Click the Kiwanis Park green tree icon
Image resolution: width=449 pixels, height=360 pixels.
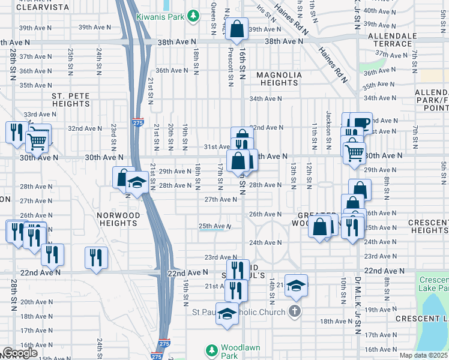pos(193,15)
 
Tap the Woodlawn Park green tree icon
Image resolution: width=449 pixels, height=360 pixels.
pos(211,349)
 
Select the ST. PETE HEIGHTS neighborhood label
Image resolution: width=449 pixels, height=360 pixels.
pos(70,100)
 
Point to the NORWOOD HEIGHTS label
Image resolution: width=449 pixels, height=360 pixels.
pos(119,219)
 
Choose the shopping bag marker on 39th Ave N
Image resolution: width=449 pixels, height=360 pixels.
pos(238,28)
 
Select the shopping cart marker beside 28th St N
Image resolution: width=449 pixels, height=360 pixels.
pos(37,142)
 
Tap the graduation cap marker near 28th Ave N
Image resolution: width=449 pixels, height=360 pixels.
pos(137,182)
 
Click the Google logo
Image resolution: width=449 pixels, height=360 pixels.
pos(19,353)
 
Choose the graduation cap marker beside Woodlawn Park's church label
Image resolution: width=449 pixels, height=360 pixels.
pos(227,314)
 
